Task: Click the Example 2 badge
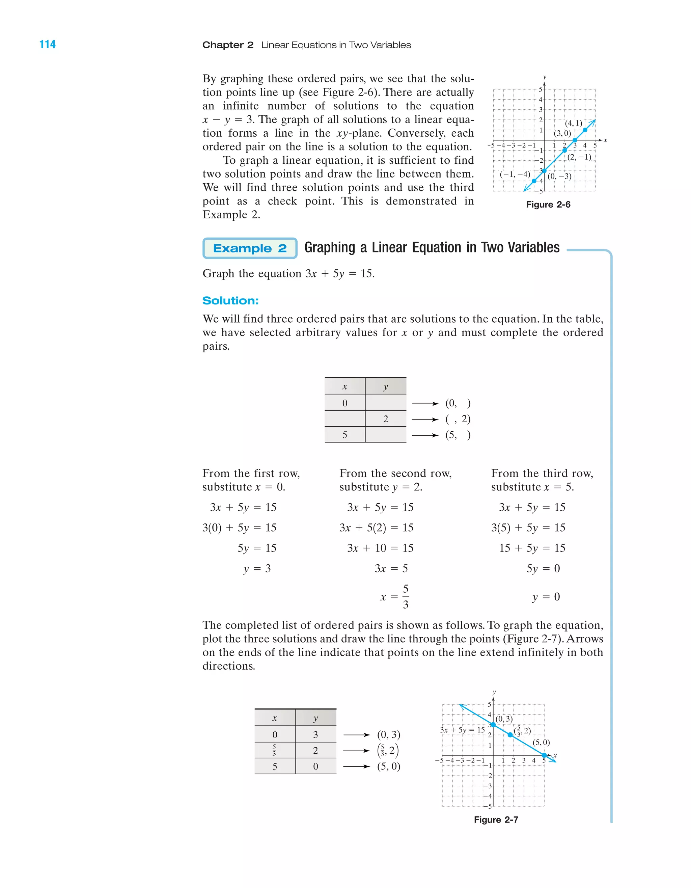250,248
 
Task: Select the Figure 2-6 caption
548,205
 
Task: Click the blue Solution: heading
230,300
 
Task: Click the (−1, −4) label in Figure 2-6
515,174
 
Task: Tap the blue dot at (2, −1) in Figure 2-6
564,151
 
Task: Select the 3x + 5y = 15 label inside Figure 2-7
462,730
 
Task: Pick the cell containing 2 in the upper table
385,419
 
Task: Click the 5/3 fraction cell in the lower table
274,750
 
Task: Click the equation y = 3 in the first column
257,568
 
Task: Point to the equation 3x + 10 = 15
380,548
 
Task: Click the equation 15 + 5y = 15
532,548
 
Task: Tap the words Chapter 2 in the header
228,45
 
